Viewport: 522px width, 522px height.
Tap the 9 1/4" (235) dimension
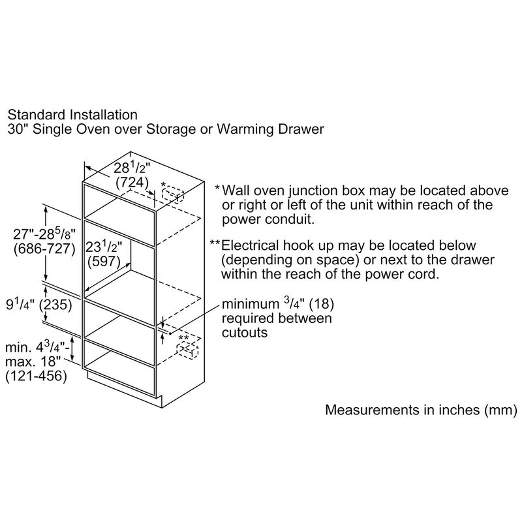coord(39,304)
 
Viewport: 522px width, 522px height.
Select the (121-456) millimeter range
coord(36,376)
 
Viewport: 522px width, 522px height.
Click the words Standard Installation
coord(72,115)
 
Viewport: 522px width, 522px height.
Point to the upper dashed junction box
coord(173,194)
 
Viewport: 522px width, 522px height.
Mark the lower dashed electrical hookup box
coord(188,350)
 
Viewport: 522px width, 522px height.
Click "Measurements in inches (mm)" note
coord(421,410)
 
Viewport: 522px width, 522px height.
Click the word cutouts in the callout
coord(245,332)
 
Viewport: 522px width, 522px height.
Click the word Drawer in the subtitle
coord(302,129)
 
